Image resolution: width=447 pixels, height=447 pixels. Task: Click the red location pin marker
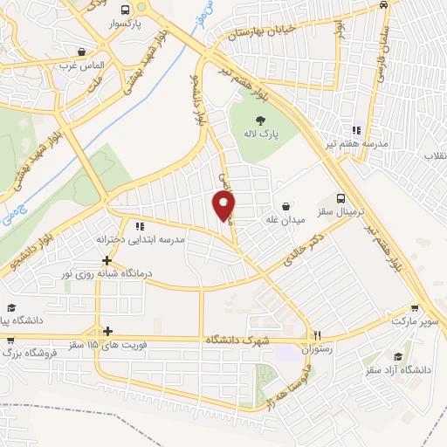pyautogui.click(x=224, y=204)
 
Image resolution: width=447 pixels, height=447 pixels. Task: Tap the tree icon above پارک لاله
pyautogui.click(x=260, y=120)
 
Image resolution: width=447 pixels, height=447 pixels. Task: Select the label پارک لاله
pyautogui.click(x=260, y=134)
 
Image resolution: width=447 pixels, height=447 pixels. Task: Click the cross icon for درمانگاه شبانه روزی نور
pyautogui.click(x=107, y=260)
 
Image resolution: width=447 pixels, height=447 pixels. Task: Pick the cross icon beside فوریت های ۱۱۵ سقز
pyautogui.click(x=107, y=331)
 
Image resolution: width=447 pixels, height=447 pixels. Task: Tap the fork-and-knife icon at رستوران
pyautogui.click(x=319, y=334)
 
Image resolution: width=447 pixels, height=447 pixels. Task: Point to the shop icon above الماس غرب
pyautogui.click(x=81, y=51)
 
